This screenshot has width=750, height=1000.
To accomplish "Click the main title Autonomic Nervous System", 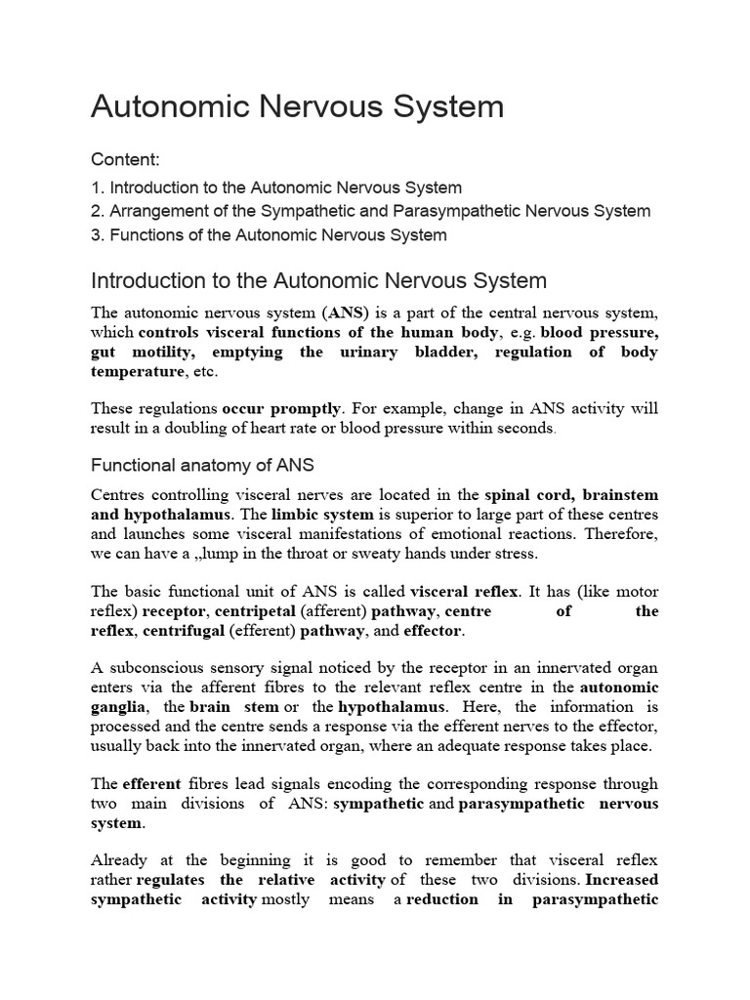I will [x=297, y=106].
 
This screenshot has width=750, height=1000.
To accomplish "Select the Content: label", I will [x=125, y=159].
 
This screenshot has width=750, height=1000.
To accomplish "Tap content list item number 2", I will [x=370, y=211].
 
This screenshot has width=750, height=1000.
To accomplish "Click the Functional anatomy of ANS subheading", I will [x=202, y=465].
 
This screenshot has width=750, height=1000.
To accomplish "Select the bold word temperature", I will [x=137, y=372].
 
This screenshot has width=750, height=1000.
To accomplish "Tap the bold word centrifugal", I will [x=185, y=632].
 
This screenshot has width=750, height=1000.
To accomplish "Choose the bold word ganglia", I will [x=119, y=707].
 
